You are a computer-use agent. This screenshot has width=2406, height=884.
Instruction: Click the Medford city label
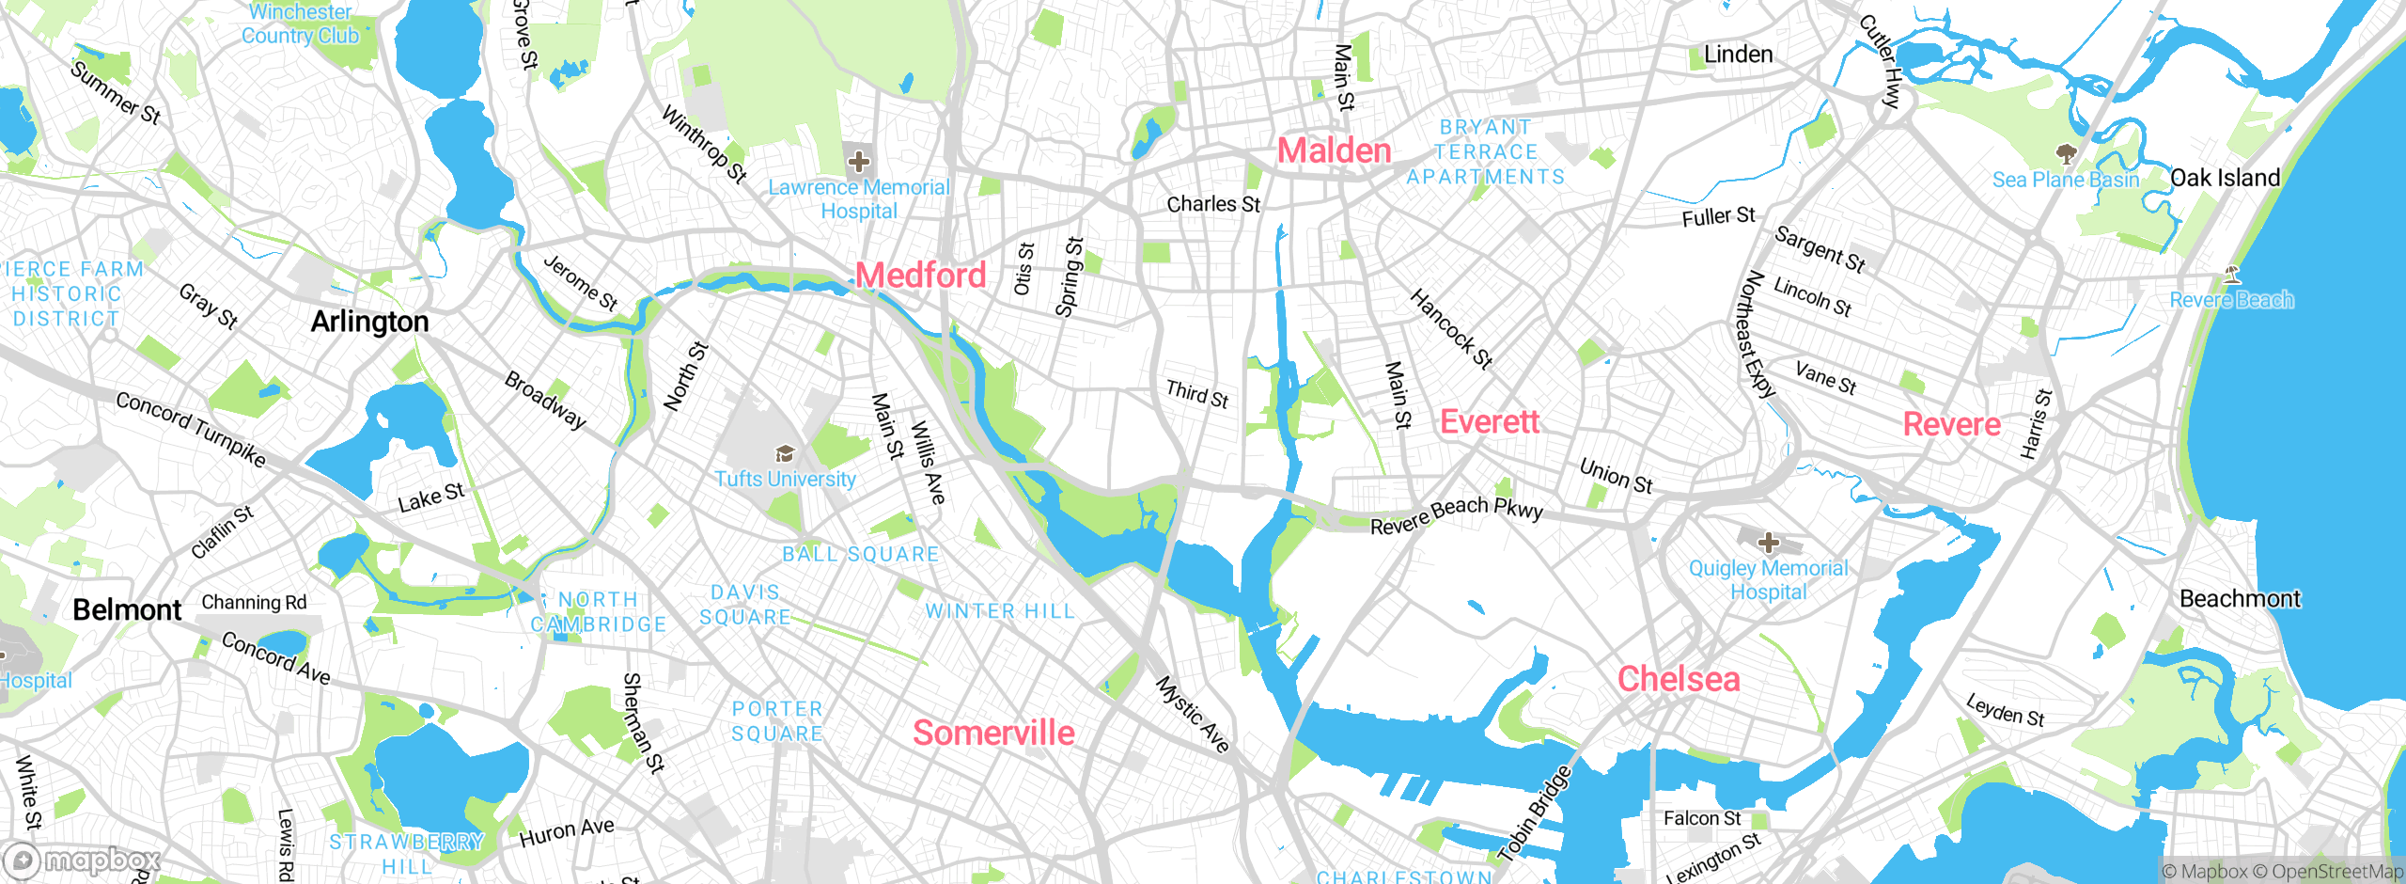point(920,276)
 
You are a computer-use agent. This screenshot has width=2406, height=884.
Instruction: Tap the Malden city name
point(1334,150)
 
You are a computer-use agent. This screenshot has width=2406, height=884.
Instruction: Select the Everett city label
point(1489,421)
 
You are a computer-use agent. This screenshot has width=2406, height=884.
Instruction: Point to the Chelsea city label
point(1678,679)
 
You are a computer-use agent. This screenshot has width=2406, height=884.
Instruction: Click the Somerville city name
point(993,733)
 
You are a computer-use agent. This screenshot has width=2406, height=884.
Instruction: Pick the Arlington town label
point(369,322)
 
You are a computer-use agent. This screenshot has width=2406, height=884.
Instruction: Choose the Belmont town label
point(127,609)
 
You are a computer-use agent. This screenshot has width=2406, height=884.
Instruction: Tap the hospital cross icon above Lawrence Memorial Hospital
point(858,162)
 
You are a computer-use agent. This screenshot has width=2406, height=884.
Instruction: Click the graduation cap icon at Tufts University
point(785,455)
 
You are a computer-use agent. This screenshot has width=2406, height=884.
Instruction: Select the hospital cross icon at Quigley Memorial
point(1769,543)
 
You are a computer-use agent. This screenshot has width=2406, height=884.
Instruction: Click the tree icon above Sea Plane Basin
point(2066,153)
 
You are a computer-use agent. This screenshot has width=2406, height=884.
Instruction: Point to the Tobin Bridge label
point(1534,814)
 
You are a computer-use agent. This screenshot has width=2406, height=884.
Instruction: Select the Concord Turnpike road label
point(191,429)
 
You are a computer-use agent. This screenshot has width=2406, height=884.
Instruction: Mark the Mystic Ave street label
point(1192,714)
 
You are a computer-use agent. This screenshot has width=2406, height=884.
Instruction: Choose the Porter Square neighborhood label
point(777,721)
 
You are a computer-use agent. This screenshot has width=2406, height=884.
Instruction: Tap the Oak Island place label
point(2225,178)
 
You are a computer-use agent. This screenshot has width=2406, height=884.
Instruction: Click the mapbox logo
point(83,860)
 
